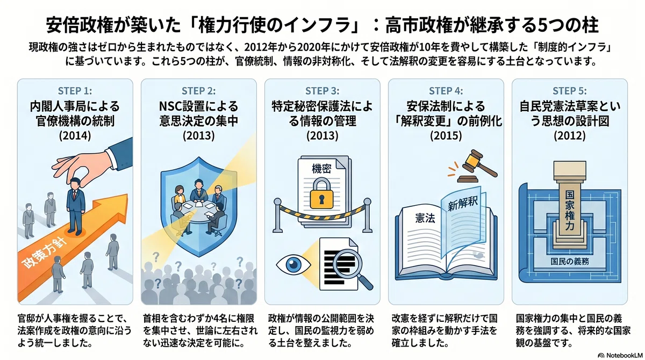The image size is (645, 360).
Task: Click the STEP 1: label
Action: pos(75,91)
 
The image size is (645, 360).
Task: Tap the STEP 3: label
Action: pos(322,91)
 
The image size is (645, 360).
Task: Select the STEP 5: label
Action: pos(569,91)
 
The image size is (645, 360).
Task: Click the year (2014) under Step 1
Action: pos(75,135)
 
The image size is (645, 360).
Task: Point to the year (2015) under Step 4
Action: pos(446,135)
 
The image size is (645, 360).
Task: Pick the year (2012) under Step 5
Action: pos(569,135)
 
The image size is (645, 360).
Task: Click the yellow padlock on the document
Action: pos(321,193)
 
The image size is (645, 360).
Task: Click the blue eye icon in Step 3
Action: pos(293,264)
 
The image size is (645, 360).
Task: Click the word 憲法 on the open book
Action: pos(425,218)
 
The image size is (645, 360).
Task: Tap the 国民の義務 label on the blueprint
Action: pos(570,261)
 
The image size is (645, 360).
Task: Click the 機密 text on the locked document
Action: pos(321,169)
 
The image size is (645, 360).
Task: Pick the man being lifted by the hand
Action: pos(75,206)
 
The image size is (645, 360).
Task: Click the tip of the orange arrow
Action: pos(127,195)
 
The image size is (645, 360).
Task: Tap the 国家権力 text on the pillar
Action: pos(570,210)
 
